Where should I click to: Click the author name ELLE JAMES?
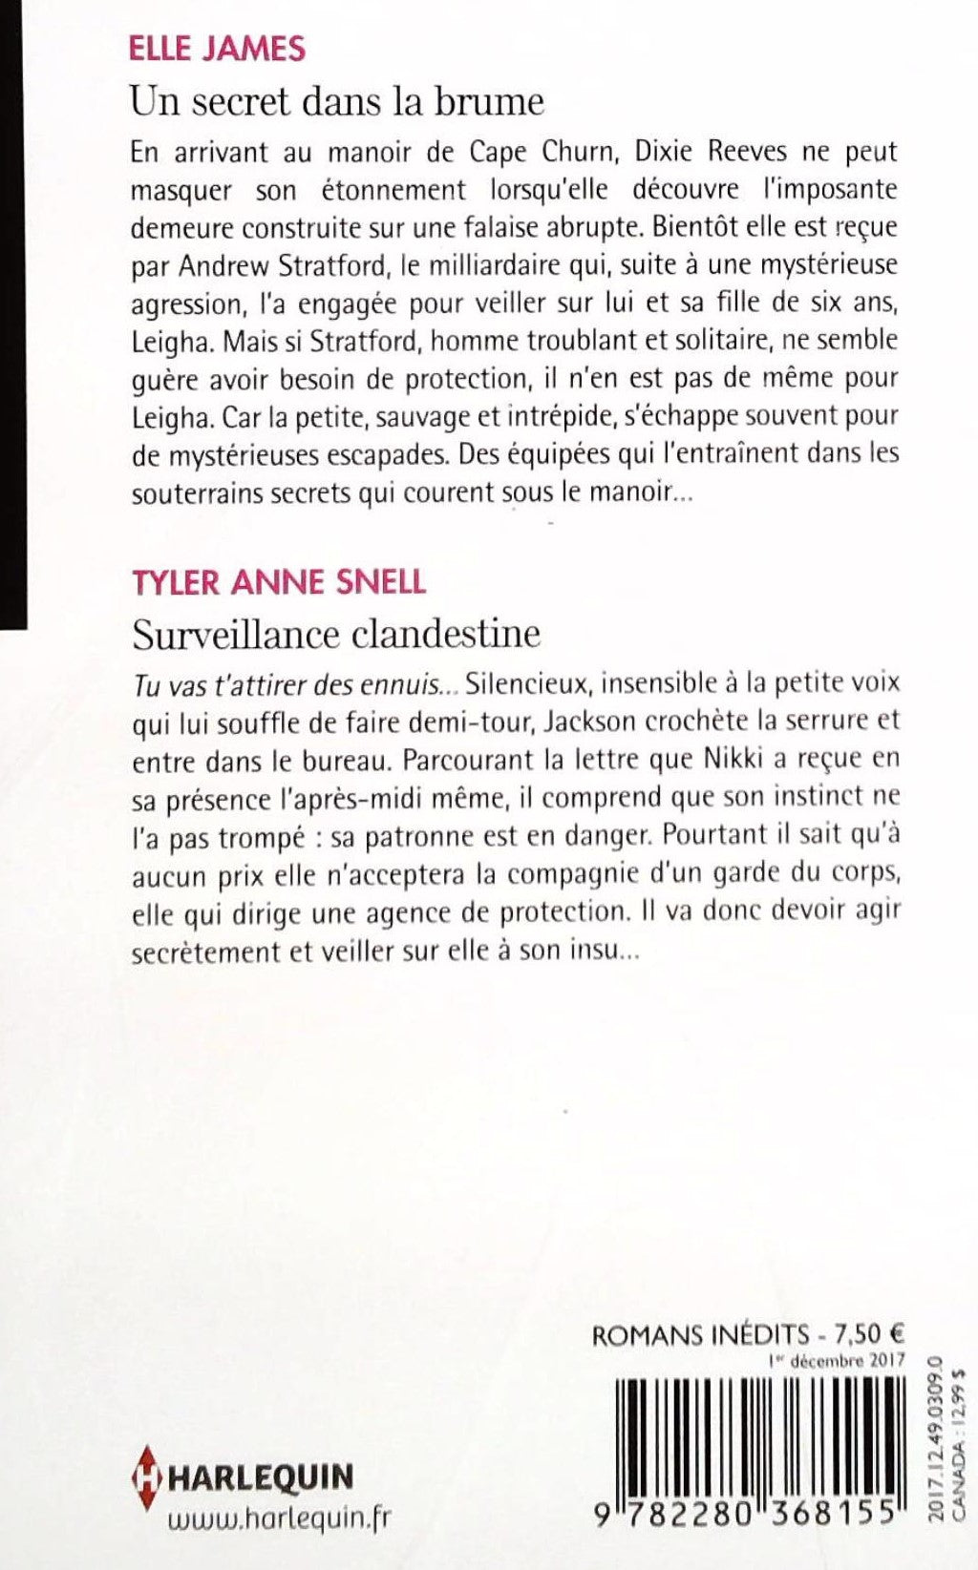[218, 49]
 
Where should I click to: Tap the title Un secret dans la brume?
[337, 101]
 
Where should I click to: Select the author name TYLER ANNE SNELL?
[279, 581]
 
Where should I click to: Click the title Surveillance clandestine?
[337, 632]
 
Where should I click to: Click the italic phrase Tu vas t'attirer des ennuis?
[296, 683]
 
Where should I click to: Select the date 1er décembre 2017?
[836, 1360]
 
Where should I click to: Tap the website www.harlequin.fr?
[279, 1520]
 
